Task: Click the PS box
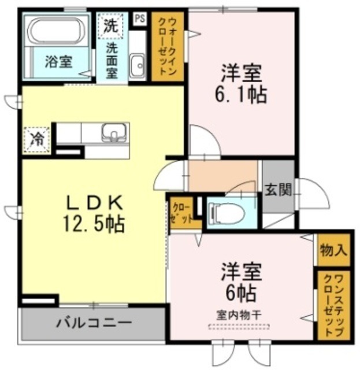[139, 18]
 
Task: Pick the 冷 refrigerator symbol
[36, 139]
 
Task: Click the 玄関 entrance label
[278, 189]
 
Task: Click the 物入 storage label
[333, 250]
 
